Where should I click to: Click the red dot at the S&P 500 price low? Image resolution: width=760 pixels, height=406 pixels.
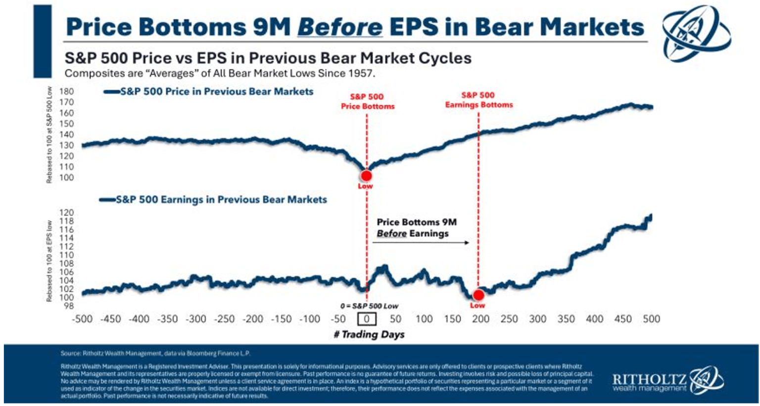[x=366, y=176]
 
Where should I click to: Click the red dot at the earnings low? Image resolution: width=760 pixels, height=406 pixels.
[x=478, y=295]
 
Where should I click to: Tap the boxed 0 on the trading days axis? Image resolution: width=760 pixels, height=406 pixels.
[x=367, y=319]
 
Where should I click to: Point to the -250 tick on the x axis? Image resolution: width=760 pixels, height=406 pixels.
[x=224, y=319]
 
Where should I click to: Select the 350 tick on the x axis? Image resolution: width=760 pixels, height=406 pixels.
[x=566, y=319]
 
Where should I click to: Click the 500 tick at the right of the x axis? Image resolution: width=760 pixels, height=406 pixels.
[x=651, y=319]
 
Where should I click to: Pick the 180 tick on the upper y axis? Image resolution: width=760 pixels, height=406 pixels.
[x=67, y=91]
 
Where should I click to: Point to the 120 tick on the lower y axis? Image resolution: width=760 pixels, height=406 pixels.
[x=67, y=213]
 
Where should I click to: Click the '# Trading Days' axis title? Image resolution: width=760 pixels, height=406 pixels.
[x=369, y=335]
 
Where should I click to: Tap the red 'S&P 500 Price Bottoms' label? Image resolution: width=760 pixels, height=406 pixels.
[x=368, y=101]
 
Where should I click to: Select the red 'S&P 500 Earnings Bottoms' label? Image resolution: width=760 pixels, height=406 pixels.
[x=478, y=100]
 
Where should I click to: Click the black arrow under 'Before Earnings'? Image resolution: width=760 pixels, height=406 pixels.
[x=421, y=243]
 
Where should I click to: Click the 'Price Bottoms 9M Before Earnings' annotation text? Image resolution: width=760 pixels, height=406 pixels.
[x=417, y=228]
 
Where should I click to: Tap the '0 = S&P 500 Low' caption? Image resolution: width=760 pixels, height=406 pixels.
[x=369, y=306]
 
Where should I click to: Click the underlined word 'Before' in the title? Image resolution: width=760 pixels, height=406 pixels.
[x=339, y=27]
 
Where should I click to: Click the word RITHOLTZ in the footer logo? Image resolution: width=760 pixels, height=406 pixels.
[x=649, y=379]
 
